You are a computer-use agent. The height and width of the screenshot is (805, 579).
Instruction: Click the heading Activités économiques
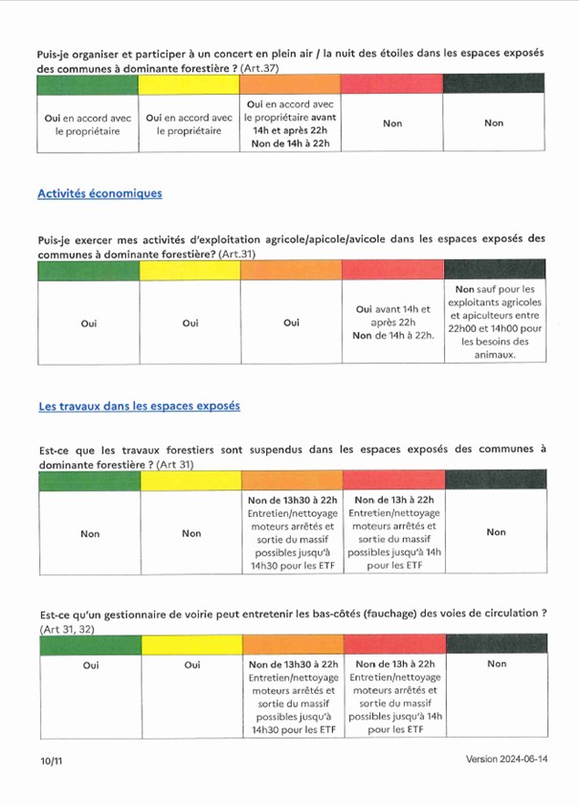[x=100, y=193]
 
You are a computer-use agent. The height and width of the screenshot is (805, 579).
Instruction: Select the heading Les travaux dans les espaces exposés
[x=139, y=406]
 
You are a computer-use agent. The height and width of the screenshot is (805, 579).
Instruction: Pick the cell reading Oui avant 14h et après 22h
[x=393, y=322]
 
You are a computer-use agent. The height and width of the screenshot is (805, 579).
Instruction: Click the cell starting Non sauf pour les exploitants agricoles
[x=495, y=322]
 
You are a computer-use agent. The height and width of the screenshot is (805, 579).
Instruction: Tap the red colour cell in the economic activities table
[x=393, y=271]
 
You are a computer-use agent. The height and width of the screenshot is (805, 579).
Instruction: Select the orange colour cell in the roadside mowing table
[x=292, y=644]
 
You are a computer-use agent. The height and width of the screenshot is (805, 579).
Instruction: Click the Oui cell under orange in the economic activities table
[x=292, y=323]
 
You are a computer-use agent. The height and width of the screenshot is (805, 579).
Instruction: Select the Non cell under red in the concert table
[x=392, y=123]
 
